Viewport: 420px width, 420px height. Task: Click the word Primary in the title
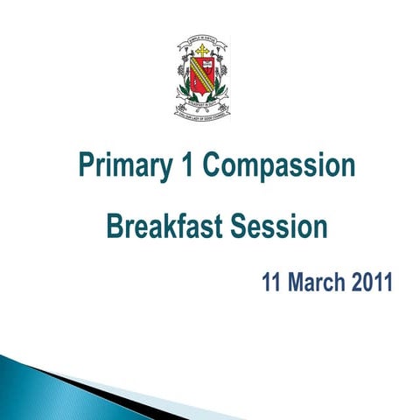[123, 166]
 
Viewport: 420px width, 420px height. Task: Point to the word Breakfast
[164, 227]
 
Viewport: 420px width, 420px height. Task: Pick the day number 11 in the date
[274, 283]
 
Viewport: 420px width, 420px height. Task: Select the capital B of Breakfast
[114, 227]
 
